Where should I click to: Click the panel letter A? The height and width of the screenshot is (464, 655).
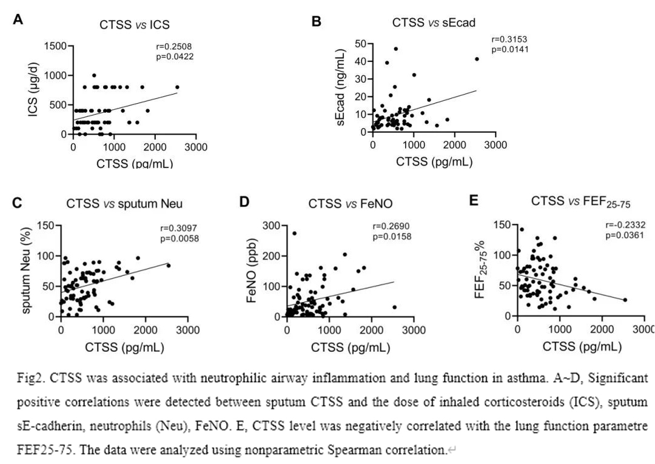[18, 20]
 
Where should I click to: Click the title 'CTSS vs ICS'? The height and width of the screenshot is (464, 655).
[134, 25]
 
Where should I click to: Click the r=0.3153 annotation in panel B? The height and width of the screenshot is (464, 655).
[509, 40]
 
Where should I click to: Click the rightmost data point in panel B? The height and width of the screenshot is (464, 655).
[477, 59]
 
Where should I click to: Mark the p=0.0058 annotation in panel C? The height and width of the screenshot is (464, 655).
[179, 238]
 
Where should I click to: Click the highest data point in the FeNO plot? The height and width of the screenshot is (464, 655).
[295, 234]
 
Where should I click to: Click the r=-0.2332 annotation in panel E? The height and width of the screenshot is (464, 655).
[625, 225]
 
